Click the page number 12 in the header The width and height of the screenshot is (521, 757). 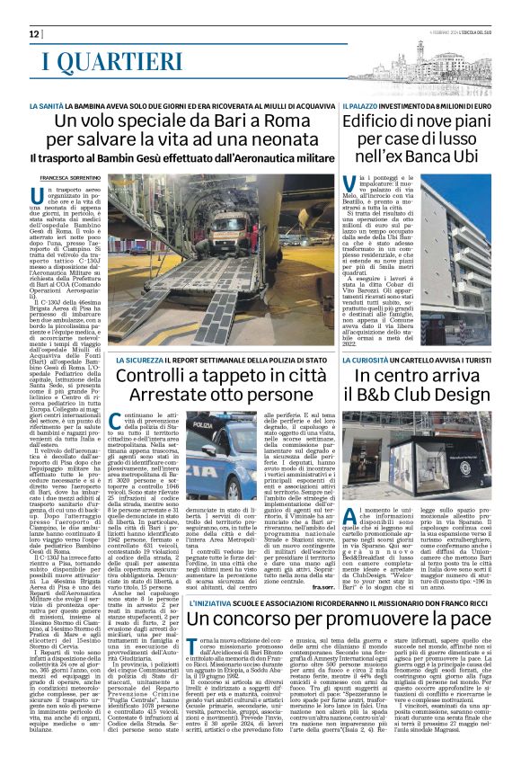[35, 33]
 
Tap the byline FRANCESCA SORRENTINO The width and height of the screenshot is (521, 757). [74, 178]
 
